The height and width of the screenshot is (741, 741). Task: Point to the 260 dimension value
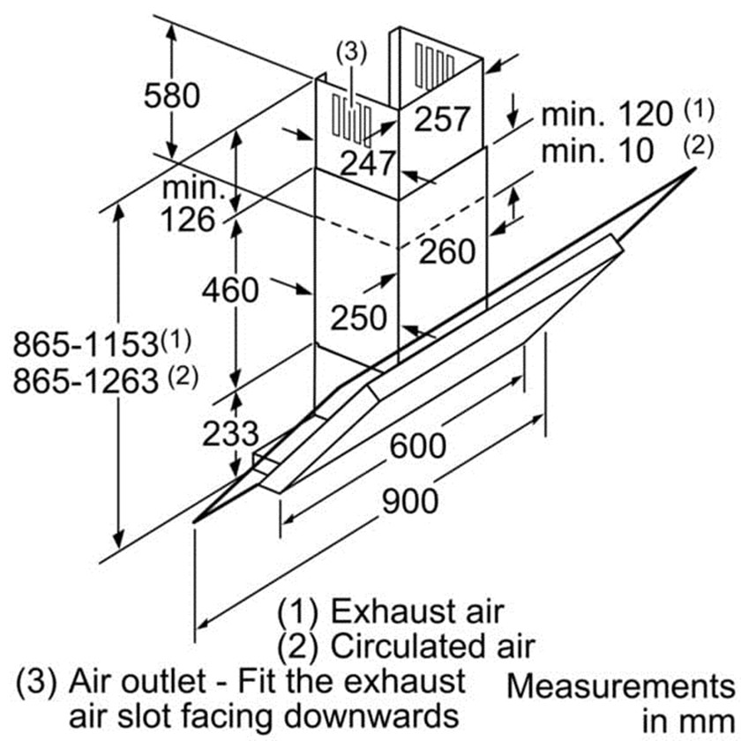point(446,252)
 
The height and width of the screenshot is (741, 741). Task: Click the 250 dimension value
point(358,318)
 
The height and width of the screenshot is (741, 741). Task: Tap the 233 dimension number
point(230,433)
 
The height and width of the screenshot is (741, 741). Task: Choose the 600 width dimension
point(417,445)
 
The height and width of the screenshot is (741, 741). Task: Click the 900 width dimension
point(409,501)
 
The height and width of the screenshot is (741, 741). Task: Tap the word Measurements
point(621,685)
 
